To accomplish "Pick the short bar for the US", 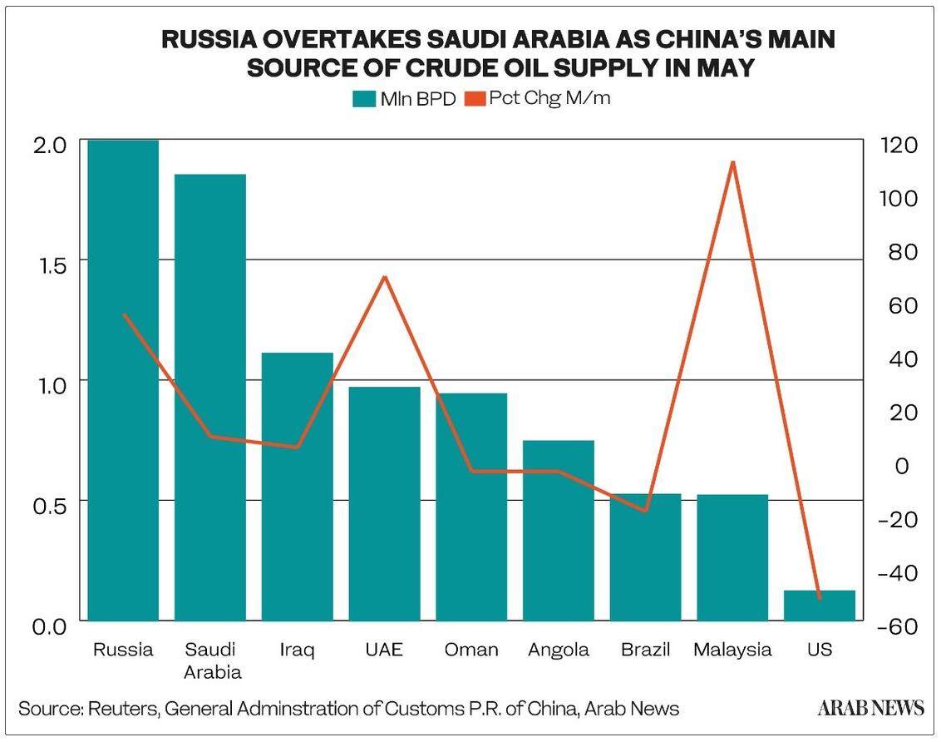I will click(x=820, y=606).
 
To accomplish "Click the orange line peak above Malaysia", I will click(x=732, y=162).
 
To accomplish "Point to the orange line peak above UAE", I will click(x=385, y=276).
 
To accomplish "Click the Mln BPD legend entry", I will click(x=405, y=98).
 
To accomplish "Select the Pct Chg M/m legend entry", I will click(x=539, y=98).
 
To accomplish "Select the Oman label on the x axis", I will click(x=471, y=650).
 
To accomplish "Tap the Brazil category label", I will click(x=645, y=650).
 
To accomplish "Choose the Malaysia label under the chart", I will click(x=732, y=650).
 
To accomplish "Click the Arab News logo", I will click(x=870, y=708).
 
